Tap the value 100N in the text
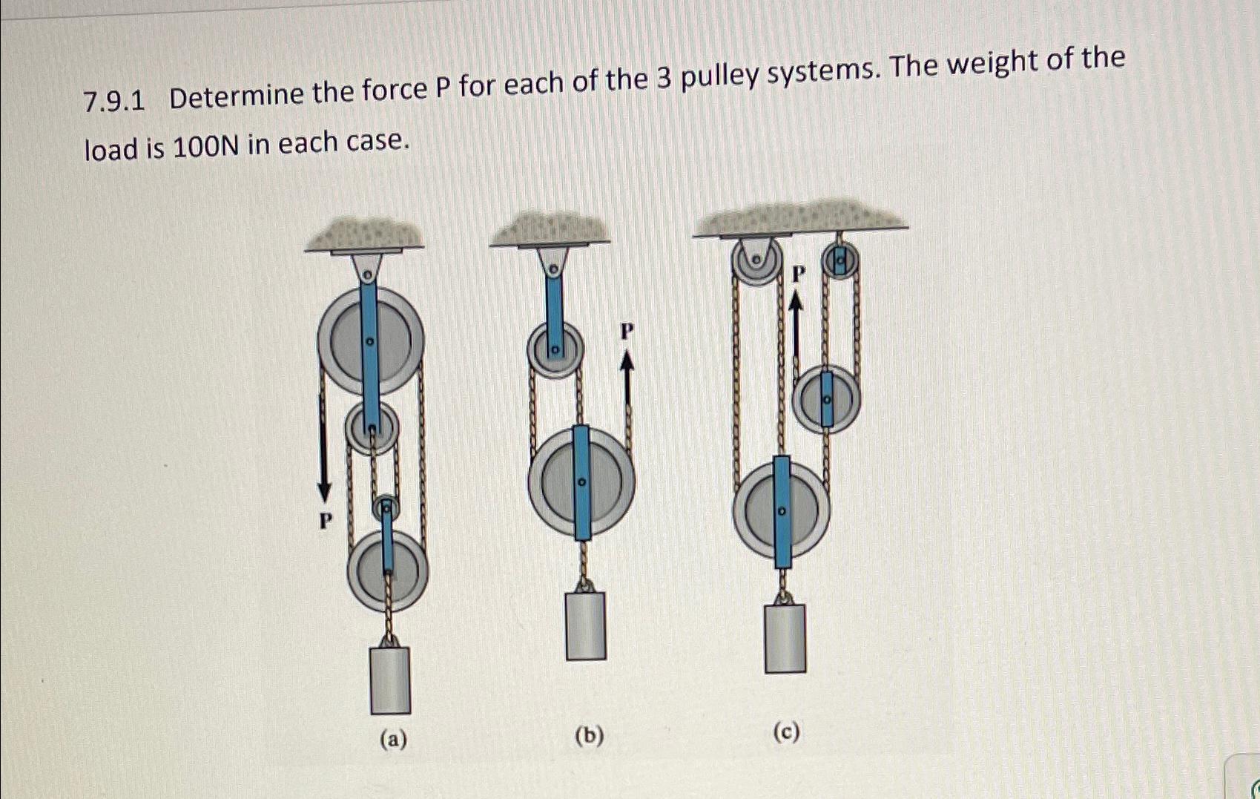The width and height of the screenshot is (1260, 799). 205,147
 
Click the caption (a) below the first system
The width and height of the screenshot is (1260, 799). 393,740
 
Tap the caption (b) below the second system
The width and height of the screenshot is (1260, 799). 590,736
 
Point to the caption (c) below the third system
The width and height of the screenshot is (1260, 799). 786,733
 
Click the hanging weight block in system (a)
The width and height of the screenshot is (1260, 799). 390,680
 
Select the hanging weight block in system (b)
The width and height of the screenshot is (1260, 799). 586,625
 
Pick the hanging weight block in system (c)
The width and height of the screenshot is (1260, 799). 785,639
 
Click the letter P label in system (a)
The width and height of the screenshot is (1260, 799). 325,522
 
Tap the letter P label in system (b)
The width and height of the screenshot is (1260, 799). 627,332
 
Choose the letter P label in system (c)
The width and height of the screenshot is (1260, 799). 798,274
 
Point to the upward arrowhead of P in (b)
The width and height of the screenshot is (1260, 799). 627,361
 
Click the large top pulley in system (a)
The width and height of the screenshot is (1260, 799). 370,341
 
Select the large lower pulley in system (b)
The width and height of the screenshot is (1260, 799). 581,482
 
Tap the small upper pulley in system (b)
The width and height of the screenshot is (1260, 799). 555,349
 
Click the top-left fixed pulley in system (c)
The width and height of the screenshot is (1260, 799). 756,261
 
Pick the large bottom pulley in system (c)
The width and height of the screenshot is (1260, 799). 781,511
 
